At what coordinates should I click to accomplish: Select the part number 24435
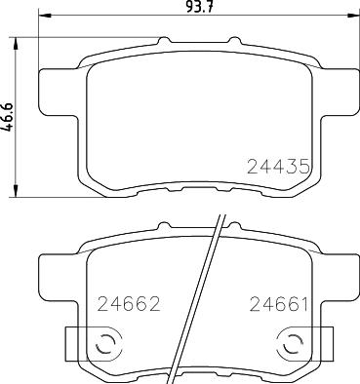pos(276,167)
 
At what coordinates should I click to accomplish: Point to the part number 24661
pos(278,306)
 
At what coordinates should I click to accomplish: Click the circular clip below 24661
pos(289,343)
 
